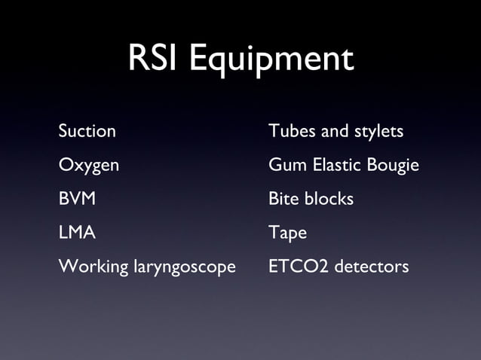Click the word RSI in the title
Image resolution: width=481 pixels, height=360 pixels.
[155, 59]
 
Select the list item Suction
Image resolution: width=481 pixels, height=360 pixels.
[87, 131]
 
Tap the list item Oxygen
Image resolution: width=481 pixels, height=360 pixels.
[89, 166]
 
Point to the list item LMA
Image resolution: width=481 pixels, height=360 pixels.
[77, 233]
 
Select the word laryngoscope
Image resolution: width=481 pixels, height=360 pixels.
[185, 268]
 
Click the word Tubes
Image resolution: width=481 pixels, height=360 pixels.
[292, 131]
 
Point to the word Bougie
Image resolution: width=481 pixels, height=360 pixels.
[394, 166]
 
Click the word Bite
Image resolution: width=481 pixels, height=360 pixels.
[283, 199]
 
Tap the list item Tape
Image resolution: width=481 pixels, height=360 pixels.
[288, 233]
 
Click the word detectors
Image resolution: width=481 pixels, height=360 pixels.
[372, 267]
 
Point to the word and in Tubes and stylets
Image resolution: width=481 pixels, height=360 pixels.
[334, 131]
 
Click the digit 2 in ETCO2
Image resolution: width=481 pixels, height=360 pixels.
[326, 267]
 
